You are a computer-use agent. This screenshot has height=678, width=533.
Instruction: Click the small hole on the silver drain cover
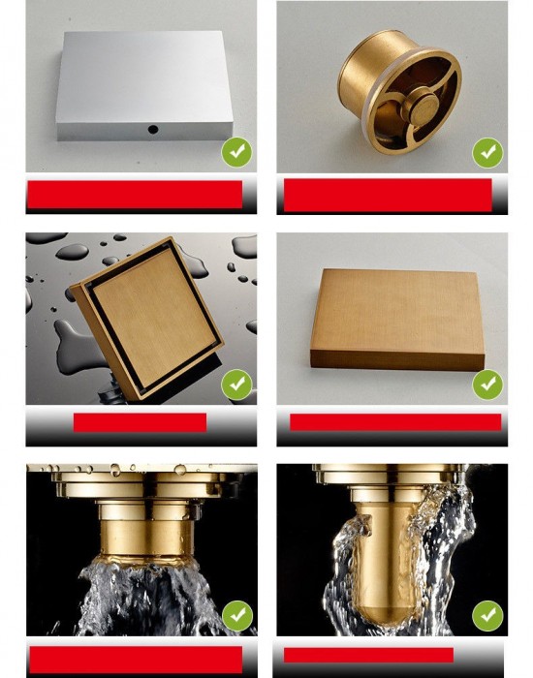coord(152,127)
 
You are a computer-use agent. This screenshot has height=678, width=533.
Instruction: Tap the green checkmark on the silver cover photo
coord(237,152)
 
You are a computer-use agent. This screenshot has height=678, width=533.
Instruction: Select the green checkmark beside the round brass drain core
coord(487,152)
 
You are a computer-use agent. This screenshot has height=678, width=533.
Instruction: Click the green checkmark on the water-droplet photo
coord(237,385)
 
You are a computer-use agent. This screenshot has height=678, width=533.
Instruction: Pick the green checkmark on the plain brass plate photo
coord(487,385)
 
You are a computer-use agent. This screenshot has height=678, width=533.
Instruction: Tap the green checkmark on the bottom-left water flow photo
coord(237,615)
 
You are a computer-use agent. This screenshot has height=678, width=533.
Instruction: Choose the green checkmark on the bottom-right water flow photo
coord(487,615)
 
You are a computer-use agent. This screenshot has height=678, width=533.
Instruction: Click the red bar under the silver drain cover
coord(134,194)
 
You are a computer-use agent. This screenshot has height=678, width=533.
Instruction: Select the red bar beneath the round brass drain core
coord(389,194)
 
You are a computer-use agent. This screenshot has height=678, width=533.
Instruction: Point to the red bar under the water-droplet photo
coord(140,422)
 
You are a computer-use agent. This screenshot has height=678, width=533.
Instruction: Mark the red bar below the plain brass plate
coord(395,422)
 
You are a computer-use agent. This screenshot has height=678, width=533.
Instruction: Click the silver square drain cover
coord(145,82)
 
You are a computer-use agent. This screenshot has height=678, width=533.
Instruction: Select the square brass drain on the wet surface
coord(145,315)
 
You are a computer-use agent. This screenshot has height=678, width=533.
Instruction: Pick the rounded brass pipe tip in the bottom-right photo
coord(388,581)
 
